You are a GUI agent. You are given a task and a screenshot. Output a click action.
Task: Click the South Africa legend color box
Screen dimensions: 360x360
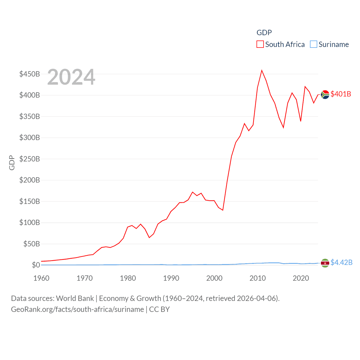(260, 44)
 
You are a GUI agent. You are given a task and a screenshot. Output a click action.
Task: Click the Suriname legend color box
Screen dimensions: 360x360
(313, 44)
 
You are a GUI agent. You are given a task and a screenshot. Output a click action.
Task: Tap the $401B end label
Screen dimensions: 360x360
(341, 94)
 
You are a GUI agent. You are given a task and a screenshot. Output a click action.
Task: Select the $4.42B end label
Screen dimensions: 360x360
(341, 262)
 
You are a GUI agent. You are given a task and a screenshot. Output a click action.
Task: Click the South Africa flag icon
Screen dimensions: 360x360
(325, 94)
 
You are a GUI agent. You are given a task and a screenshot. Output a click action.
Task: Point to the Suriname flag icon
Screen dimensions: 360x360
(325, 263)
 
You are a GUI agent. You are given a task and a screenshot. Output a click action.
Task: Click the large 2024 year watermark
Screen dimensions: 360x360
(71, 77)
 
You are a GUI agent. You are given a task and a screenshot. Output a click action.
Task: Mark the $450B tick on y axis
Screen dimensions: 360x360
(30, 74)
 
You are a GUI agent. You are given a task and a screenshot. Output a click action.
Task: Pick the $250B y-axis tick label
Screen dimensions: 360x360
(30, 159)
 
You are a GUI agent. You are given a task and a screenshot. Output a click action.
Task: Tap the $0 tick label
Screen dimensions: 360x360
(36, 265)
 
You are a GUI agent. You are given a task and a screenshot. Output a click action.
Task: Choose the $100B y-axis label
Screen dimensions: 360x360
(30, 222)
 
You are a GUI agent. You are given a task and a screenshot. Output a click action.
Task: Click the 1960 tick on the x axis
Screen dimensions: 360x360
(41, 278)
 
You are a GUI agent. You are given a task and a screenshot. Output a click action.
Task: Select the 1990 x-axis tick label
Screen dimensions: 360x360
(171, 278)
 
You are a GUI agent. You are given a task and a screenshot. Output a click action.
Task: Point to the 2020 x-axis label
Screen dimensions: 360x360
(301, 278)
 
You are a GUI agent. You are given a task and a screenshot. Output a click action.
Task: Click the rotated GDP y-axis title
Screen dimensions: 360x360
(12, 163)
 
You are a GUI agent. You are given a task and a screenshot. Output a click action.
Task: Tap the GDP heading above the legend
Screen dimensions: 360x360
(264, 33)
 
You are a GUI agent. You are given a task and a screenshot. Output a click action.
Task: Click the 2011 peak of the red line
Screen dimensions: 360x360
(262, 70)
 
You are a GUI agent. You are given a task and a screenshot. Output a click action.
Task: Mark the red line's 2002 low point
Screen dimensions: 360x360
(223, 210)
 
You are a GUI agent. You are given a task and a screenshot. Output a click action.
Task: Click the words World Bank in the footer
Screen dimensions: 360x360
(75, 298)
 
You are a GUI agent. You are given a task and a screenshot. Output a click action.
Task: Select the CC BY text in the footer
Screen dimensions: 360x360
(159, 309)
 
